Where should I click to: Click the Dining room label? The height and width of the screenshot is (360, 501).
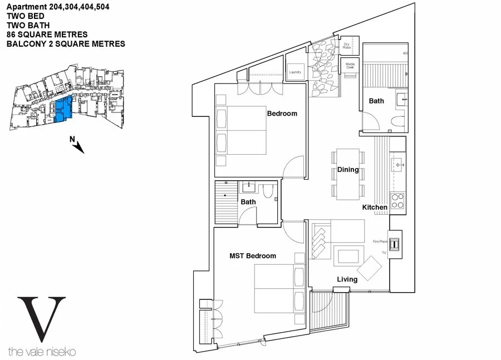click(348, 170)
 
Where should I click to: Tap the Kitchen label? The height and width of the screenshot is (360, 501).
click(375, 207)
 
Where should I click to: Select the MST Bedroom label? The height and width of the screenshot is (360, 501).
click(253, 256)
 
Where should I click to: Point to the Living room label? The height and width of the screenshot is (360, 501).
click(347, 279)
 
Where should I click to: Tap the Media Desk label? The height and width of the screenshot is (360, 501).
click(350, 65)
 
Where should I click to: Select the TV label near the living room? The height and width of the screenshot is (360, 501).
click(384, 253)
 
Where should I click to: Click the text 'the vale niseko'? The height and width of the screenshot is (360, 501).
click(42, 351)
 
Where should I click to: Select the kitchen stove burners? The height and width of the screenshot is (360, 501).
click(397, 200)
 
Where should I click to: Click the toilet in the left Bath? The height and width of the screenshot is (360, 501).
click(268, 192)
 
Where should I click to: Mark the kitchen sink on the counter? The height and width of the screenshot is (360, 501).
click(399, 165)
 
